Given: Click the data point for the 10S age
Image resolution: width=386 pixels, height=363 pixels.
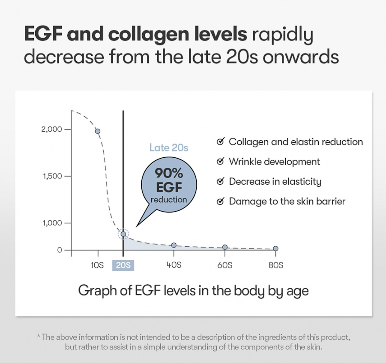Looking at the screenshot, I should pos(98,131).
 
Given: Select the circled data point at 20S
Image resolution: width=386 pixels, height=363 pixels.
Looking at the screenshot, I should pos(123,234).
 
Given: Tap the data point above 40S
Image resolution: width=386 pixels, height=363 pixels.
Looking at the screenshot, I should pos(174,245).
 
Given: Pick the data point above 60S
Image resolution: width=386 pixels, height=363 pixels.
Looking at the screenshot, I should pos(225,247).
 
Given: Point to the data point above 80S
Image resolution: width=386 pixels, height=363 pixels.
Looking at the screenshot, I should pos(275,248).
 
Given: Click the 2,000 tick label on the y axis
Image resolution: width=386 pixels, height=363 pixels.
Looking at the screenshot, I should pos(51,129).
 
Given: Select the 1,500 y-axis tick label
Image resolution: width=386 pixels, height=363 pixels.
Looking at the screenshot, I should pos(52,176).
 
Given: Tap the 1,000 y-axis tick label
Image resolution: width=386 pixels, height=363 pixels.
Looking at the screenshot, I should pos(52,223).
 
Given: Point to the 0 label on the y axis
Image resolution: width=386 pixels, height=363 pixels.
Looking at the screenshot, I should pos(60,250).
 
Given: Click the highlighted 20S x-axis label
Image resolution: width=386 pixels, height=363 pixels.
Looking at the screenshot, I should pos(123,265).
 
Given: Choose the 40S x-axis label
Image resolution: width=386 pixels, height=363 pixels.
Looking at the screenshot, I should pos(174,265).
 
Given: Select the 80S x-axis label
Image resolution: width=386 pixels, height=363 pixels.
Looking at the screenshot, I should pos(275,265).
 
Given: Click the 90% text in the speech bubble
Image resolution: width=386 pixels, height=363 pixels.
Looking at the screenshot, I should pos(169,174).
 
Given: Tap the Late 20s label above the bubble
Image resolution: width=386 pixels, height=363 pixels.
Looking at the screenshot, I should pos(169,148).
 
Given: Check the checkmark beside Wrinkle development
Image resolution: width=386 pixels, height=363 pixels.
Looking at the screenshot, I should pos(220,162).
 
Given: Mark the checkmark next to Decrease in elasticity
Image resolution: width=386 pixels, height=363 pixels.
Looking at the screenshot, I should pos(220,181).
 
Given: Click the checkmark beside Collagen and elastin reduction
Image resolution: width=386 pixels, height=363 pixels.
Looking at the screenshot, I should pos(220,142).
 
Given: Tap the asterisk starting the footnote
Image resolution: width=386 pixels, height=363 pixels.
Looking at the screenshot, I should pos(39,336).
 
